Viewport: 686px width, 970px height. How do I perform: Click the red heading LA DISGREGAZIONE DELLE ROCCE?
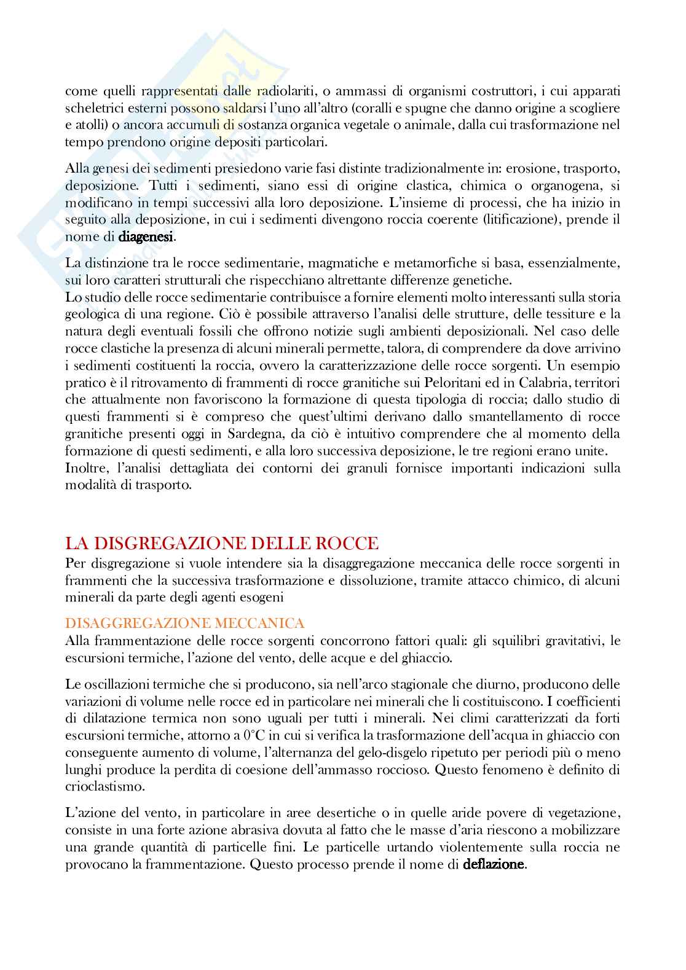[x=222, y=544]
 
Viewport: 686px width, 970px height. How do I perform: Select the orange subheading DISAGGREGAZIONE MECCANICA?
[x=184, y=624]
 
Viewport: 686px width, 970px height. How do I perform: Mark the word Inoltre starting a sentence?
[x=85, y=468]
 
